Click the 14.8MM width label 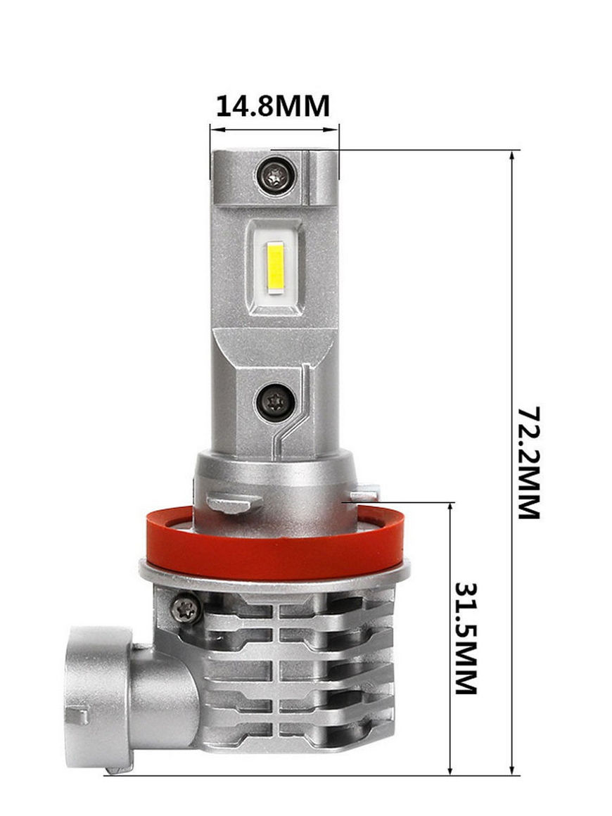pos(273,106)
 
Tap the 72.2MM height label pos(529,463)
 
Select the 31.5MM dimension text pos(466,639)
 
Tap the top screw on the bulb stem pos(276,175)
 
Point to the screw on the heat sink pos(186,608)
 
